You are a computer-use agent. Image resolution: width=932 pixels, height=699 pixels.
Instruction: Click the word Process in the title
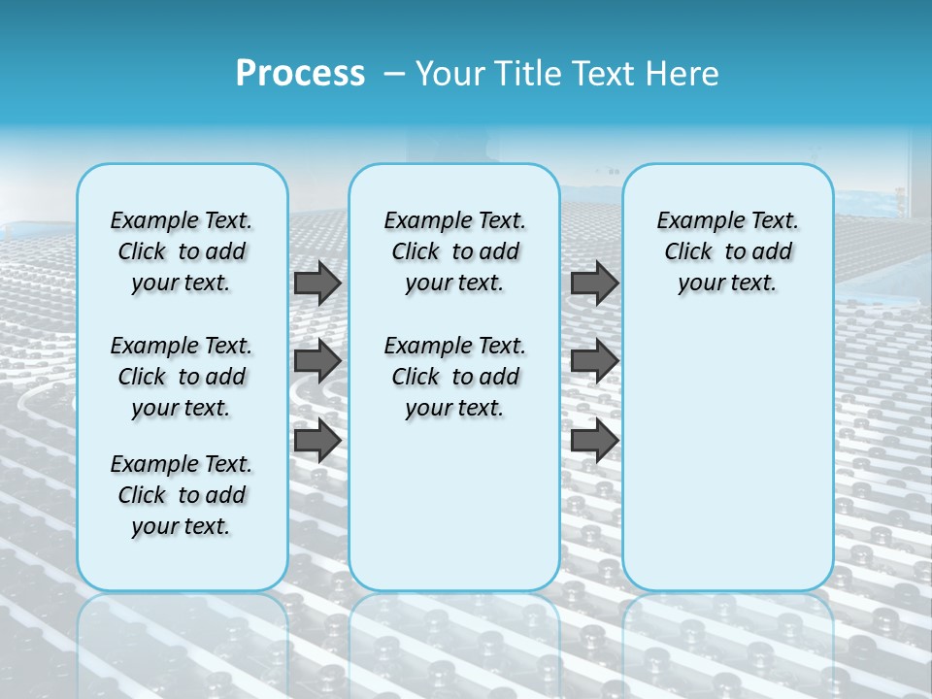pos(300,74)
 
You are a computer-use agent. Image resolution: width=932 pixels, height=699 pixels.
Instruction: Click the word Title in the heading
pos(528,74)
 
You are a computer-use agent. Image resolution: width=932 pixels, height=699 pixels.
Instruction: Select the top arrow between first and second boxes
pos(317,283)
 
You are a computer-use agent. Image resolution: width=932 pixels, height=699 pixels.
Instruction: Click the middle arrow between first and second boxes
pos(317,362)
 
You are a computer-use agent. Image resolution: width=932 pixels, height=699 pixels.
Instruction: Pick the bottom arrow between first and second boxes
pos(317,442)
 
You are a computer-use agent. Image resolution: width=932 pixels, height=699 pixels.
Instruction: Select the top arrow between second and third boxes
pos(594,283)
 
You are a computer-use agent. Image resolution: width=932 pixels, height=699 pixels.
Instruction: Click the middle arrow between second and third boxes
pos(594,362)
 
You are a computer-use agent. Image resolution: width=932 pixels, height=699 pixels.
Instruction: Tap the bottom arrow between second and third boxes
pos(594,442)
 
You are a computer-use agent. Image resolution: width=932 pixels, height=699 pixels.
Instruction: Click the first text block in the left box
pos(182,251)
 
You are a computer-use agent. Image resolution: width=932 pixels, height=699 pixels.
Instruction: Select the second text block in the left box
pos(182,377)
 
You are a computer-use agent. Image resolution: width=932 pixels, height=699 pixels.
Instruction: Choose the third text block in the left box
pos(182,495)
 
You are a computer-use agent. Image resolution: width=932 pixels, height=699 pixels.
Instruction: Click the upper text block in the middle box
pos(454,251)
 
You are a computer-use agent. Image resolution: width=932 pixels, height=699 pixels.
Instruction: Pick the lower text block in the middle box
pos(454,377)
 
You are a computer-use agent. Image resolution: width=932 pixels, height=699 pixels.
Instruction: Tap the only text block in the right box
pos(728,251)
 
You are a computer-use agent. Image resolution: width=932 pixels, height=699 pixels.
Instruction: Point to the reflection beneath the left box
pos(183,641)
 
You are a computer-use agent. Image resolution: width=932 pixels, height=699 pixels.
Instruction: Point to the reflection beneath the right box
pos(728,641)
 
